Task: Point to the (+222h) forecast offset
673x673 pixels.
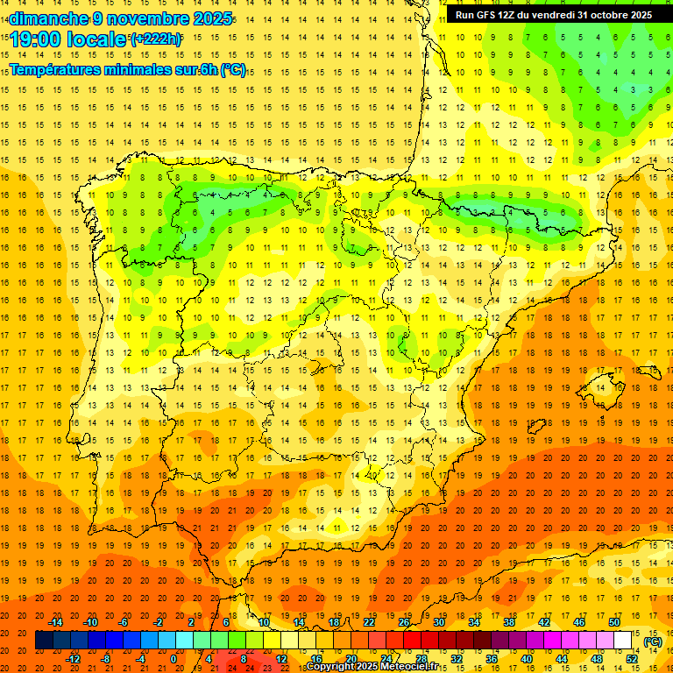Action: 156,39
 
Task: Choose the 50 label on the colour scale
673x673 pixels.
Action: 614,622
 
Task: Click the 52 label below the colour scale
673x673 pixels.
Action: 632,658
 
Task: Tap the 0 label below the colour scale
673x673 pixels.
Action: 174,658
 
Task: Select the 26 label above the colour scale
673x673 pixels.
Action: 404,622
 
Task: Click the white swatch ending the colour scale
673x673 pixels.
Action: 623,641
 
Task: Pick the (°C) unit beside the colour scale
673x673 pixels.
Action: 653,641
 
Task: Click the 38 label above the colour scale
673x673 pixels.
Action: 509,622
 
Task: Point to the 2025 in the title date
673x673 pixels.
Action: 213,18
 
